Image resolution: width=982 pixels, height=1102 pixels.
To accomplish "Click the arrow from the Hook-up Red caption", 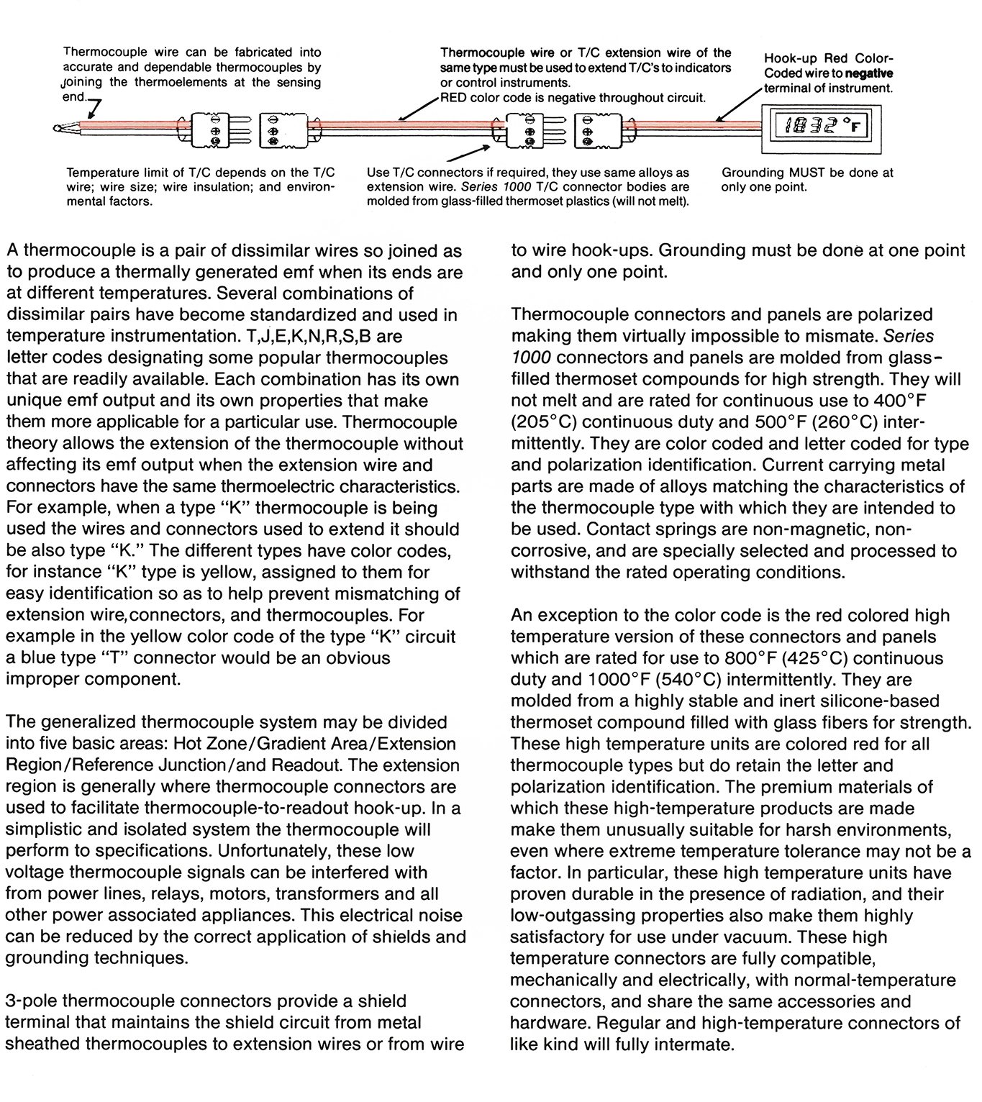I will [737, 105].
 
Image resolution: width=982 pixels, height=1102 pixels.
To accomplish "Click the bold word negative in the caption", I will [869, 73].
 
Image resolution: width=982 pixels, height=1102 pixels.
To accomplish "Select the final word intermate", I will [694, 1044].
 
